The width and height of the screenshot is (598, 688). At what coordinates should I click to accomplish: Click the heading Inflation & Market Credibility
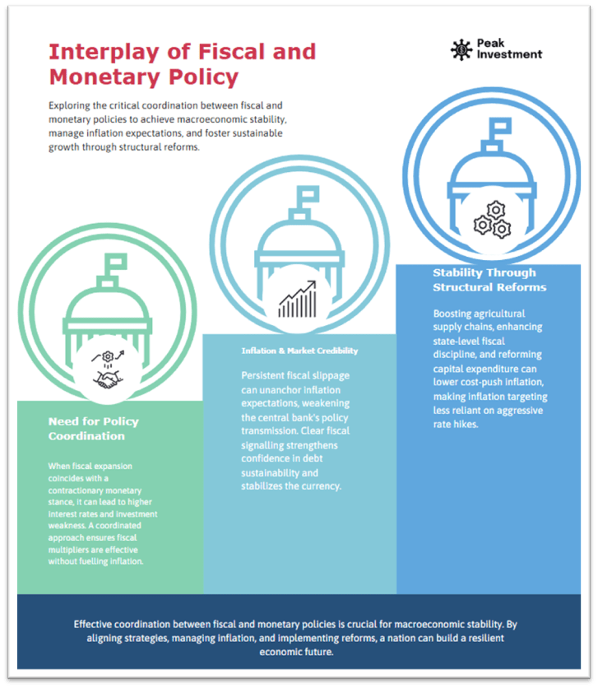299,351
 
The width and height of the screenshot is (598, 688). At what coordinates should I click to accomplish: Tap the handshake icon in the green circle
109,378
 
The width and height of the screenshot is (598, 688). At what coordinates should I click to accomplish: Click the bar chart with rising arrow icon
297,300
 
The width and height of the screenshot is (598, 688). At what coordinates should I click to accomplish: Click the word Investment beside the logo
511,54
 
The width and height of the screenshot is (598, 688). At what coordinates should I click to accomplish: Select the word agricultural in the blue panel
496,314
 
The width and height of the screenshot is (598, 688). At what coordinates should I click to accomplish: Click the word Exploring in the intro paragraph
71,105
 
